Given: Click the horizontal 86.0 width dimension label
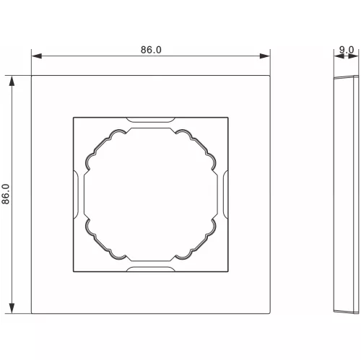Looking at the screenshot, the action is click(x=151, y=50).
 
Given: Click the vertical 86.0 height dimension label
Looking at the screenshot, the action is click(x=6, y=194).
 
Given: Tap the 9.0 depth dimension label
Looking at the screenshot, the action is click(x=347, y=50).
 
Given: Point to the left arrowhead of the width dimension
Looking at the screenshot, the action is click(x=37, y=56).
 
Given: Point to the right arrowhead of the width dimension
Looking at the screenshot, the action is click(x=265, y=56).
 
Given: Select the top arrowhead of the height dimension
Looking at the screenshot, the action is click(x=12, y=81).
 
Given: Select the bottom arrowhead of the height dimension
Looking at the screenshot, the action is click(x=12, y=308).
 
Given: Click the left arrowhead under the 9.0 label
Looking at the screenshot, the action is click(x=339, y=56).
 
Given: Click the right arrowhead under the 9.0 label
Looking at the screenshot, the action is click(x=353, y=56).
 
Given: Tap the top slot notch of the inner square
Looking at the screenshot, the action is click(x=151, y=120).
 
